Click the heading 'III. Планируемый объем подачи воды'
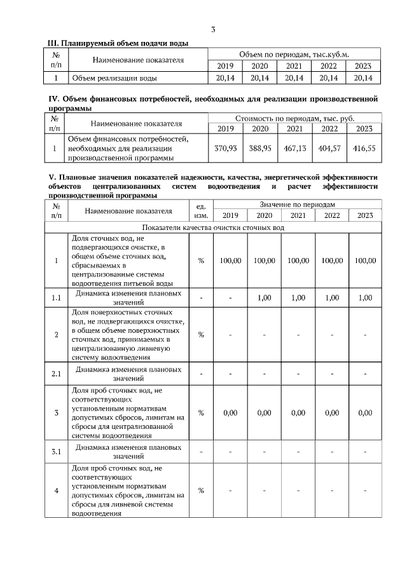pos(118,43)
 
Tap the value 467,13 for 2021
pos(294,147)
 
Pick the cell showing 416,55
pos(364,147)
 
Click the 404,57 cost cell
pos(329,147)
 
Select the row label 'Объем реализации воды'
pos(115,78)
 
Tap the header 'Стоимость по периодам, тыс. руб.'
pos(294,118)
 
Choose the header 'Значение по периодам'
pos(297,204)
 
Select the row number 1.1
pos(56,297)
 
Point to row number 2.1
pos(56,373)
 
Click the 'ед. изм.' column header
pos(201,210)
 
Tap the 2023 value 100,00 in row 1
pos(365,261)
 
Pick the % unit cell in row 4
pos(201,490)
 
